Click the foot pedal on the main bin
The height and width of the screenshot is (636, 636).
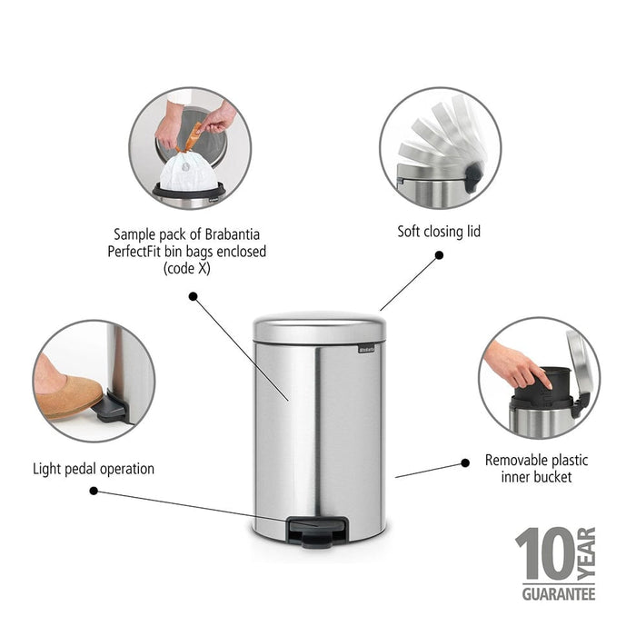click(x=318, y=532)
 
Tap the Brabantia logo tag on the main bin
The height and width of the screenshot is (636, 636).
click(x=366, y=348)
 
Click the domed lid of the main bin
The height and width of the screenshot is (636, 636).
click(x=320, y=327)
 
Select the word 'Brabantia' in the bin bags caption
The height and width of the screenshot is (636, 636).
click(x=232, y=234)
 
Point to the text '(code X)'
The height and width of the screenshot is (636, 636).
click(x=187, y=269)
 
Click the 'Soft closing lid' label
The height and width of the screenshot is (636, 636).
click(x=439, y=232)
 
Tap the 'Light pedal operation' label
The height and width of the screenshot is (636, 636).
click(x=94, y=469)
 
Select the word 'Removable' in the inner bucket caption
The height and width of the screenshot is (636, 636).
click(x=511, y=461)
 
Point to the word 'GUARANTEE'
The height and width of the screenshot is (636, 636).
click(x=559, y=594)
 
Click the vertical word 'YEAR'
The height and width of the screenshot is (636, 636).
click(x=586, y=552)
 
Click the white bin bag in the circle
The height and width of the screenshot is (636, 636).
click(x=188, y=173)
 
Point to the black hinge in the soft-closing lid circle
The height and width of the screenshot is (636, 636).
click(x=473, y=177)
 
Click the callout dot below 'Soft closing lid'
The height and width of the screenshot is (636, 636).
click(x=439, y=255)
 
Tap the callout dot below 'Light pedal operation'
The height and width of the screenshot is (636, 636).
click(x=94, y=491)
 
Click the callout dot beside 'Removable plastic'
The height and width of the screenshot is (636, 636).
click(x=465, y=462)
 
